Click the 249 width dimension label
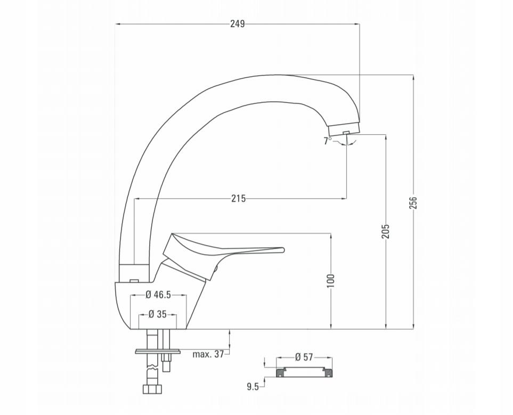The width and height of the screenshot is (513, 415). [238, 24]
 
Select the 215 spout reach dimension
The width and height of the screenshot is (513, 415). [239, 198]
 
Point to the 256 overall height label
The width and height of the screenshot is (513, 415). [413, 202]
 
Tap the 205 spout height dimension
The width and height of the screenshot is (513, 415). [386, 231]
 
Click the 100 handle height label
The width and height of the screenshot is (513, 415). [331, 281]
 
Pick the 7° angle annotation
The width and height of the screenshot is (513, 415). [327, 141]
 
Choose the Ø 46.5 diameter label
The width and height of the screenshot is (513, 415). [158, 295]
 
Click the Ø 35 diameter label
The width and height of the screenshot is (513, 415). [158, 314]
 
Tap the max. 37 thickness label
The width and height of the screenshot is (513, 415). [208, 354]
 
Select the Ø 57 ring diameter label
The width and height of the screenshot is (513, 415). [304, 357]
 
